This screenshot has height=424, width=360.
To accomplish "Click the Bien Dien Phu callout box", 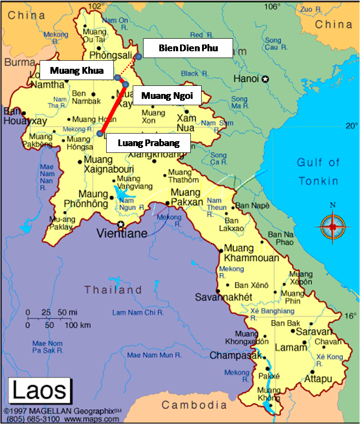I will pyautogui.click(x=188, y=48).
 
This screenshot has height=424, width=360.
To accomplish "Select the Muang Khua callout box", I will pyautogui.click(x=76, y=70).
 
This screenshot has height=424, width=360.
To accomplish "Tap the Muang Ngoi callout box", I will pyautogui.click(x=167, y=95).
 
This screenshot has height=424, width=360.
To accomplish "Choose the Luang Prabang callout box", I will pyautogui.click(x=148, y=143).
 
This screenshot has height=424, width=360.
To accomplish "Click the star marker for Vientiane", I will pyautogui.click(x=120, y=224).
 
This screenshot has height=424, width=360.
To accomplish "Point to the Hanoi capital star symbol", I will pyautogui.click(x=265, y=79).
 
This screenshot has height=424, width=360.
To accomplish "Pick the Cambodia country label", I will pyautogui.click(x=194, y=405).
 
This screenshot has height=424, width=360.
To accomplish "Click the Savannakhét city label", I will pyautogui.click(x=223, y=297).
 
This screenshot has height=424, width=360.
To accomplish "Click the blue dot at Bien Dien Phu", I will pyautogui.click(x=139, y=56).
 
